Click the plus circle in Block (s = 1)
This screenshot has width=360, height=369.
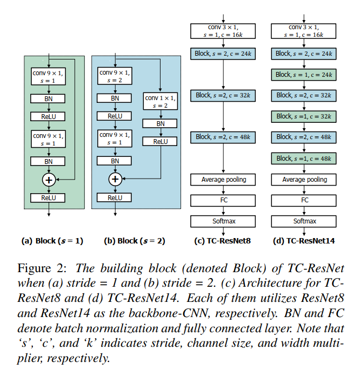pyautogui.click(x=49, y=179)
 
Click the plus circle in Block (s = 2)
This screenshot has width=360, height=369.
pyautogui.click(x=115, y=179)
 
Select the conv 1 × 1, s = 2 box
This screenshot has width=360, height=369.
pyautogui.click(x=161, y=102)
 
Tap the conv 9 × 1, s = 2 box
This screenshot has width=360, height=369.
pyautogui.click(x=115, y=77)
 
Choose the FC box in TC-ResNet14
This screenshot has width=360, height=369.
pyautogui.click(x=305, y=200)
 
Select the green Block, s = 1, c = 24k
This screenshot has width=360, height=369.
pyautogui.click(x=305, y=75)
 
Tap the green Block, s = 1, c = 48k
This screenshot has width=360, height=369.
pyautogui.click(x=305, y=158)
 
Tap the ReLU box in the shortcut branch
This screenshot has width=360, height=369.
pyautogui.click(x=161, y=141)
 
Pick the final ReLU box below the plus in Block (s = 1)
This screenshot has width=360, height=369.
pyautogui.click(x=49, y=198)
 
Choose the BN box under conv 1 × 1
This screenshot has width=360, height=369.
pyautogui.click(x=161, y=123)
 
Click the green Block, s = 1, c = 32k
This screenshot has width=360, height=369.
pyautogui.click(x=305, y=116)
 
